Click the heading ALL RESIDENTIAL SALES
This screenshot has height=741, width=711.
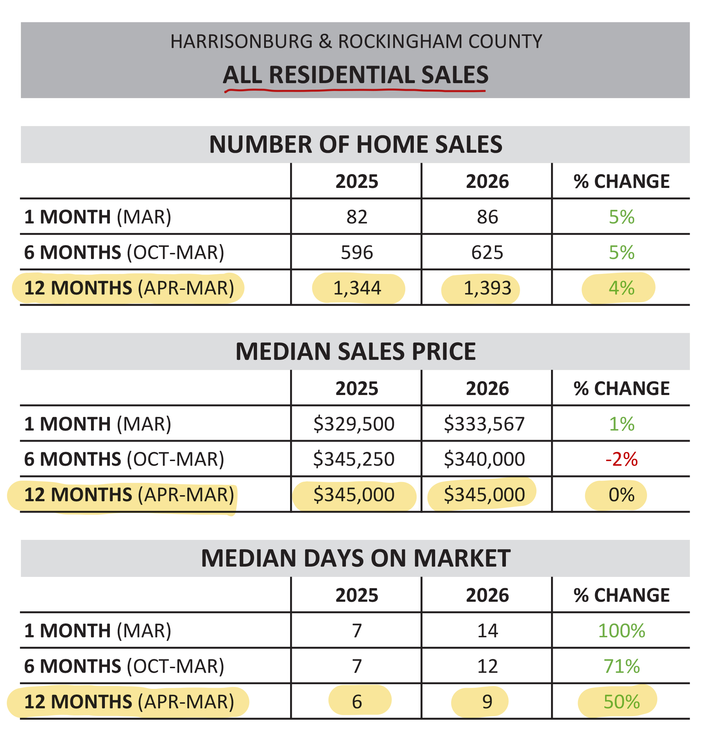pyautogui.click(x=355, y=75)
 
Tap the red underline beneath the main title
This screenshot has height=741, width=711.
pyautogui.click(x=355, y=90)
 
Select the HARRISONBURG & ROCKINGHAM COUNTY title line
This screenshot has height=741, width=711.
pyautogui.click(x=356, y=42)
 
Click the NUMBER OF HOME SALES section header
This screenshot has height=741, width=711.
pyautogui.click(x=355, y=145)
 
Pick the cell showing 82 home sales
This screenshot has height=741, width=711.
pyautogui.click(x=357, y=217)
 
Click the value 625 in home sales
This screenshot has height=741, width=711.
pyautogui.click(x=487, y=252)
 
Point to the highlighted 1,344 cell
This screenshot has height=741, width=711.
pyautogui.click(x=357, y=288)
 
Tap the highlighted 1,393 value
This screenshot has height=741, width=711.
pyautogui.click(x=487, y=288)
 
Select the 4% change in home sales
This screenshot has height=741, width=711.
pyautogui.click(x=621, y=288)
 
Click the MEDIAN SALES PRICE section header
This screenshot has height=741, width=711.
pyautogui.click(x=355, y=351)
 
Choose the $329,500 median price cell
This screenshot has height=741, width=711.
pyautogui.click(x=354, y=424)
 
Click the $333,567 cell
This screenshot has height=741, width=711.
pyautogui.click(x=484, y=424)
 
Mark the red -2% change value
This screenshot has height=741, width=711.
pyautogui.click(x=621, y=459)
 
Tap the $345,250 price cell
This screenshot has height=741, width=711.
pyautogui.click(x=354, y=459)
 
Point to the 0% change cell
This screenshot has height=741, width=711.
pyautogui.click(x=621, y=494)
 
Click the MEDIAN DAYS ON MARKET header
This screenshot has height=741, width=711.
pyautogui.click(x=355, y=558)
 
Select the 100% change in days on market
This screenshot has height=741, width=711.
pyautogui.click(x=621, y=631)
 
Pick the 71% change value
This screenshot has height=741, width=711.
pyautogui.click(x=621, y=666)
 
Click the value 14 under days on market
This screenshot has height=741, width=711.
pyautogui.click(x=487, y=631)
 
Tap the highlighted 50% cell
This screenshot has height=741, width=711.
pyautogui.click(x=621, y=702)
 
